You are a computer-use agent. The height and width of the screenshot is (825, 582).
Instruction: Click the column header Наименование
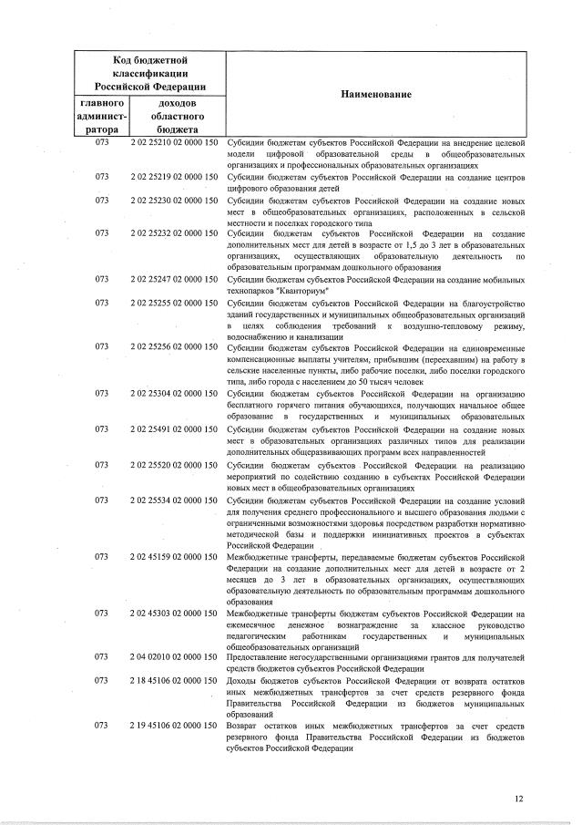[x=376, y=95]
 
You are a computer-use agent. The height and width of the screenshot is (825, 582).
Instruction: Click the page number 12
[x=518, y=799]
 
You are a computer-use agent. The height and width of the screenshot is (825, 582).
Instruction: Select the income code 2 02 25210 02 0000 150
[x=174, y=144]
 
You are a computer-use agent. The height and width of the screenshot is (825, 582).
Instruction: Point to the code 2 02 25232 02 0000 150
[x=174, y=233]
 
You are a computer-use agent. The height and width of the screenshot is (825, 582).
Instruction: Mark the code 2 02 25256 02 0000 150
[x=174, y=347]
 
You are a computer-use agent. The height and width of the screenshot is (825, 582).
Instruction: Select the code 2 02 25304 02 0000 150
[x=174, y=393]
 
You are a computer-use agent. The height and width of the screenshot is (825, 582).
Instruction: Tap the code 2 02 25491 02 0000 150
[x=174, y=428]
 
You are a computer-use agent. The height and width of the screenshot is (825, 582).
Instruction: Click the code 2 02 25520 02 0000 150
[x=174, y=465]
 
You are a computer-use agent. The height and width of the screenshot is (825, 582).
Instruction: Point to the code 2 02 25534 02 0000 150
[x=174, y=500]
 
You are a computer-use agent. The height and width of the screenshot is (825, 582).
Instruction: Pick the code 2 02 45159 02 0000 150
[x=174, y=556]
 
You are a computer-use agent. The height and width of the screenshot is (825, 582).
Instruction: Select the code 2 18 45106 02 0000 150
[x=174, y=680]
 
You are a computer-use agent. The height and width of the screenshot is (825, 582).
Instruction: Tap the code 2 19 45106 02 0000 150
[x=174, y=725]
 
